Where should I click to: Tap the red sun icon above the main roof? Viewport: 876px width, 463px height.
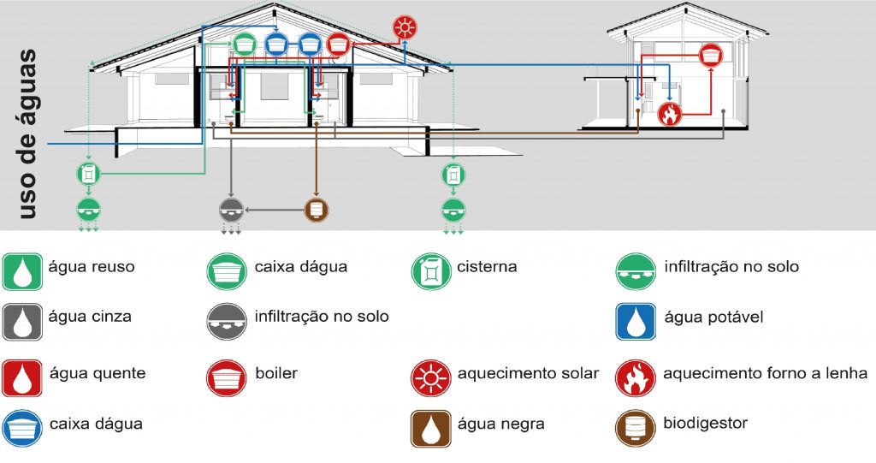(x=404, y=27)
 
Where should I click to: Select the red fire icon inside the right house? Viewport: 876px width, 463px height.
(x=670, y=113)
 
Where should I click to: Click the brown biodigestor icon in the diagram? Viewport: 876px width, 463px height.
(x=317, y=208)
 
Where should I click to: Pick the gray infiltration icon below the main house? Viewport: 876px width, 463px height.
(x=231, y=208)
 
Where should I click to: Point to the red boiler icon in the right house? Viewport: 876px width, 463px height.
(x=709, y=56)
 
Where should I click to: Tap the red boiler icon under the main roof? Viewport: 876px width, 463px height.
(x=339, y=43)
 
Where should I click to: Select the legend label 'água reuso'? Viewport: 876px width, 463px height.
(x=92, y=267)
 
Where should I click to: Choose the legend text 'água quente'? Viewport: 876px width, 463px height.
(x=97, y=374)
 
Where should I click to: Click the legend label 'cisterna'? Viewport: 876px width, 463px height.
(x=487, y=267)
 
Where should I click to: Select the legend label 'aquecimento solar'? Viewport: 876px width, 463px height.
(x=528, y=374)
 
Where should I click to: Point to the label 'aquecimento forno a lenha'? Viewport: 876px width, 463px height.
(x=765, y=374)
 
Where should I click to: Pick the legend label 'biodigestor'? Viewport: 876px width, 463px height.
(x=706, y=424)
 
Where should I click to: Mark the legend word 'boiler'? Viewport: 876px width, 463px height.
(x=276, y=374)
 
